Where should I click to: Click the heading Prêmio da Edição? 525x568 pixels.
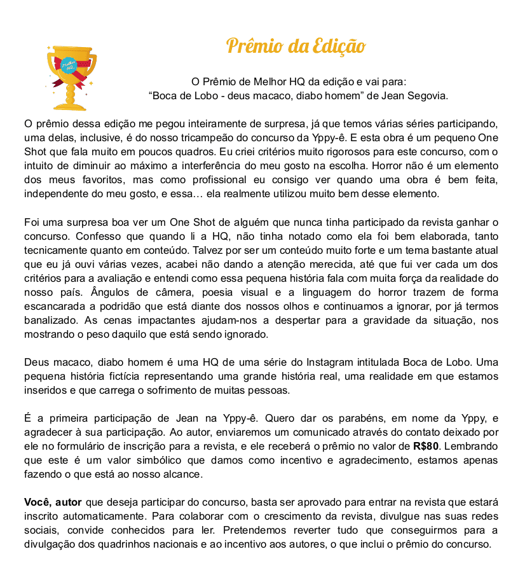[296, 46]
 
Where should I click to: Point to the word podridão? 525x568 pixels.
[119, 306]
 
